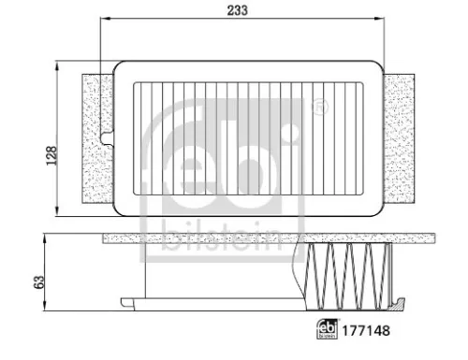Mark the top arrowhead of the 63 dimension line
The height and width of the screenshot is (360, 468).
coord(46,238)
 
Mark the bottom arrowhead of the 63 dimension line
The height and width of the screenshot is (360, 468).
coord(46,308)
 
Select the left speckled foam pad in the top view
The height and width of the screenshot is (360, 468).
coord(95,140)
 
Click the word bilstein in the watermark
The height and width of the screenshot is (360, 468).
coord(222,238)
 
